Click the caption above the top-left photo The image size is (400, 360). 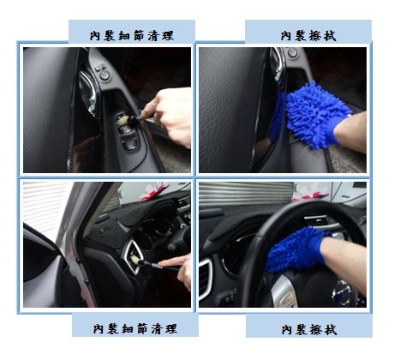coord(132,36)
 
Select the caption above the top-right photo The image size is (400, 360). coord(308,36)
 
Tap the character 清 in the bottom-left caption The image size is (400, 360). coord(157,329)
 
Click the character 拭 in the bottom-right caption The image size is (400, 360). coord(331,330)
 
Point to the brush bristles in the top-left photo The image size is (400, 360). coord(123,120)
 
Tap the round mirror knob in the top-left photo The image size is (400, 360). coord(104,75)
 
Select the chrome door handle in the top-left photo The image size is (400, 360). coord(88,92)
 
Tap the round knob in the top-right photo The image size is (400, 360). coord(292,52)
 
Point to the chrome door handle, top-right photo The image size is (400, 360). coord(278,63)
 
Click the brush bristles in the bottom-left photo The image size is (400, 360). coord(135,261)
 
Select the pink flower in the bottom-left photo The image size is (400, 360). coord(154,191)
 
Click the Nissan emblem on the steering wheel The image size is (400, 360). coord(342,291)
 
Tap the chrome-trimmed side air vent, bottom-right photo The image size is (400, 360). coord(206,278)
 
